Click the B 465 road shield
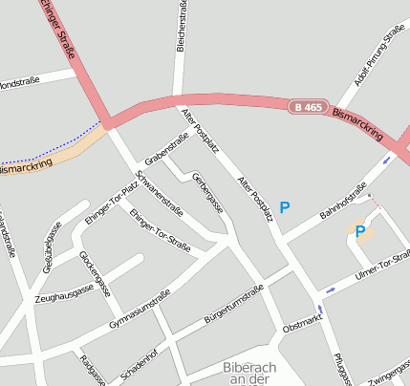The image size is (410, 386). click(308, 107)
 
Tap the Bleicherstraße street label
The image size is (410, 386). click(181, 26)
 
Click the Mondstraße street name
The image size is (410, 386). click(20, 83)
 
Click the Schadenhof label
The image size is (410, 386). click(140, 366)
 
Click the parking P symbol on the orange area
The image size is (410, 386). click(360, 230)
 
